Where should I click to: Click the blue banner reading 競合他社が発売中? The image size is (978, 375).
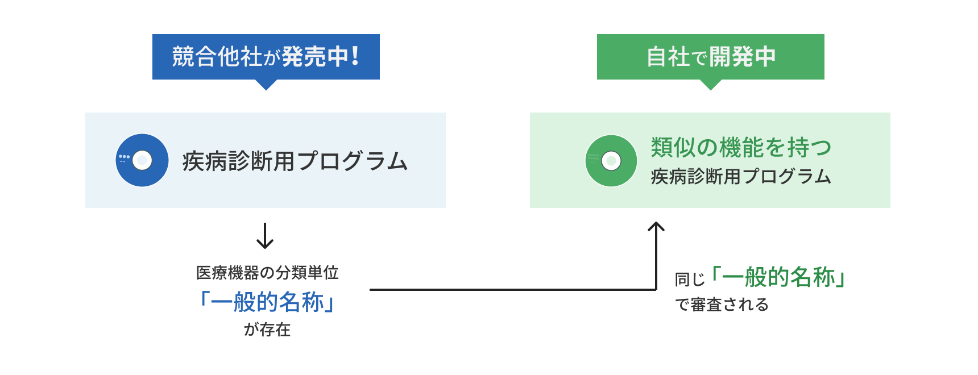(x=266, y=57)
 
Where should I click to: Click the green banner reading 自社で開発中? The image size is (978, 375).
(x=710, y=57)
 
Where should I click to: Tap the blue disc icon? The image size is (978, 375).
(x=142, y=160)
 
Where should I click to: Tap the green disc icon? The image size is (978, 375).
(x=611, y=161)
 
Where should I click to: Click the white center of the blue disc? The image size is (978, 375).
(x=142, y=160)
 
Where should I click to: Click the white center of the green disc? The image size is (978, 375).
(x=611, y=161)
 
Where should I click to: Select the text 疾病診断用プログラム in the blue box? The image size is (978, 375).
(x=295, y=161)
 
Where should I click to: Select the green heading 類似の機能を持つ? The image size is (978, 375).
(x=741, y=147)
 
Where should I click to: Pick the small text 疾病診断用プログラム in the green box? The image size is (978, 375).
(x=741, y=177)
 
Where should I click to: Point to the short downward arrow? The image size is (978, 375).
(x=265, y=236)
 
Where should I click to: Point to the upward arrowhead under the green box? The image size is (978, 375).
(x=656, y=226)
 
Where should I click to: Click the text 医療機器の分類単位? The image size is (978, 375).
(x=267, y=273)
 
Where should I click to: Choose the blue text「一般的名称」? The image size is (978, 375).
(x=267, y=302)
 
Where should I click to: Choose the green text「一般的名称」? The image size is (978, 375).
(x=778, y=277)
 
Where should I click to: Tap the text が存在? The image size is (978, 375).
(x=267, y=330)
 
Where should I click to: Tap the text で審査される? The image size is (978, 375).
(x=722, y=305)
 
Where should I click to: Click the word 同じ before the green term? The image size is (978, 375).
(x=690, y=280)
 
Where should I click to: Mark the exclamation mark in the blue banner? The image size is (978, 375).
(x=355, y=56)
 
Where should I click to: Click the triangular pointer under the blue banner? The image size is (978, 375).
(x=266, y=85)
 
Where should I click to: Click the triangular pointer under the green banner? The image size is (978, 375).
(x=710, y=85)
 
